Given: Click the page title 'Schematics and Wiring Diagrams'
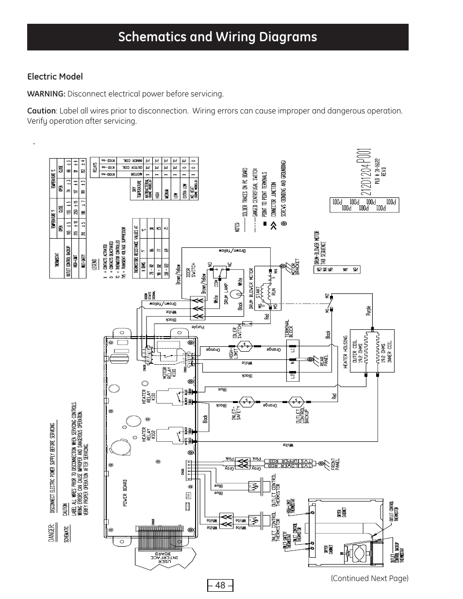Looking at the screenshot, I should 217,37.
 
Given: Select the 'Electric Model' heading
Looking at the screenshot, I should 55,77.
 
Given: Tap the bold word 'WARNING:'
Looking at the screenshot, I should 46,94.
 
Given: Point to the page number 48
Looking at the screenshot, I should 220,585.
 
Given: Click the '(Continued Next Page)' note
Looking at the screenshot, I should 369,578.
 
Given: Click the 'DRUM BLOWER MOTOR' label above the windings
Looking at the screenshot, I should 251,289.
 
